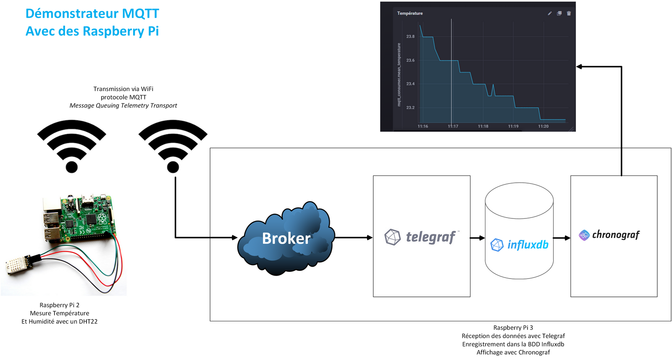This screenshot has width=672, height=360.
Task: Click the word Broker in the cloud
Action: pyautogui.click(x=286, y=238)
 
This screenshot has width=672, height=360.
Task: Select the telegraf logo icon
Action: pyautogui.click(x=392, y=237)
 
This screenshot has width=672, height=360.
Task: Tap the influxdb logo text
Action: pyautogui.click(x=528, y=244)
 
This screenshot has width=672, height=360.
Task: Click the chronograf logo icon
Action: pyautogui.click(x=584, y=235)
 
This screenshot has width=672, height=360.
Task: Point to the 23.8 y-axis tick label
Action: pyautogui.click(x=410, y=37)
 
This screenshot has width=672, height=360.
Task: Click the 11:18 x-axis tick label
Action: pyautogui.click(x=483, y=126)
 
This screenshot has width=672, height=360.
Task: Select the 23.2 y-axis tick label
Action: pyautogui.click(x=410, y=108)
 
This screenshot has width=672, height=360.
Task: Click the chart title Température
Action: pyautogui.click(x=410, y=13)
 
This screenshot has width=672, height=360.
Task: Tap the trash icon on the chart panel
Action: pyautogui.click(x=569, y=13)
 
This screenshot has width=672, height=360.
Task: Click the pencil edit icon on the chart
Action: pyautogui.click(x=550, y=13)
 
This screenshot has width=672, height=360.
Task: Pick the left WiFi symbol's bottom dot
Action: pyautogui.click(x=72, y=167)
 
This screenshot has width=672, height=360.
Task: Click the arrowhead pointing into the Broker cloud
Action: pyautogui.click(x=235, y=238)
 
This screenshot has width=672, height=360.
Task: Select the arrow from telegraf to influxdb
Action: pyautogui.click(x=477, y=238)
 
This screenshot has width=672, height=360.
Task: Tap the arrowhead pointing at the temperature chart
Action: pyautogui.click(x=579, y=67)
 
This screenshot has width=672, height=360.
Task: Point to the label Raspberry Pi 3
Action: pyautogui.click(x=513, y=328)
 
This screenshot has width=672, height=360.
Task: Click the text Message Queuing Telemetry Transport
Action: pyautogui.click(x=123, y=105)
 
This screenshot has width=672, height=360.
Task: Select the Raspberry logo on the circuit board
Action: pyautogui.click(x=102, y=218)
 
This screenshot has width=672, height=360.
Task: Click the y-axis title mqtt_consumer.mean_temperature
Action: pyautogui.click(x=399, y=75)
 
